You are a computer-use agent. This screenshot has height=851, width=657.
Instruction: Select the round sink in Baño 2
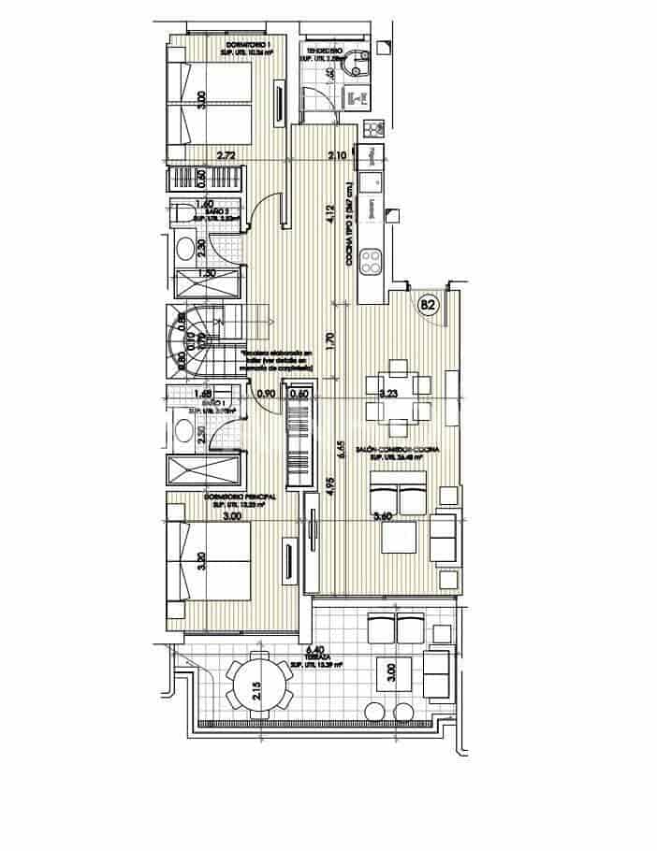[x=187, y=248]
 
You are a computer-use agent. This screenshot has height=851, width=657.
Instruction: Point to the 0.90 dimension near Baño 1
[x=266, y=394]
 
